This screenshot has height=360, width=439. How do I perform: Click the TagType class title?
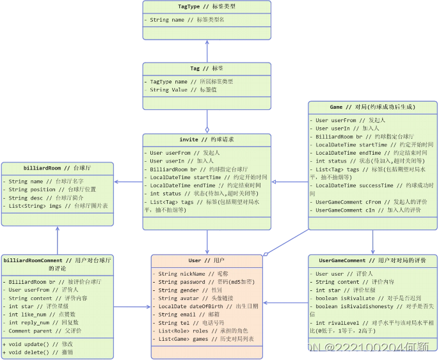(x=206, y=7)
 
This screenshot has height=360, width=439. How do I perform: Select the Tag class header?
(x=207, y=68)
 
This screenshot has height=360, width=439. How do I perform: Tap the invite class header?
(x=207, y=140)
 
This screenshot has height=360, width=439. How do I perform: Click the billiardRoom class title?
(x=58, y=168)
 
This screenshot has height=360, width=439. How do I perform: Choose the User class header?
(x=207, y=261)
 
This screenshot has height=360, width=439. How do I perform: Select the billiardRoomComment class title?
(x=58, y=264)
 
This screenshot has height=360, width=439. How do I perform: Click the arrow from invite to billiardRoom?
(x=128, y=182)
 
